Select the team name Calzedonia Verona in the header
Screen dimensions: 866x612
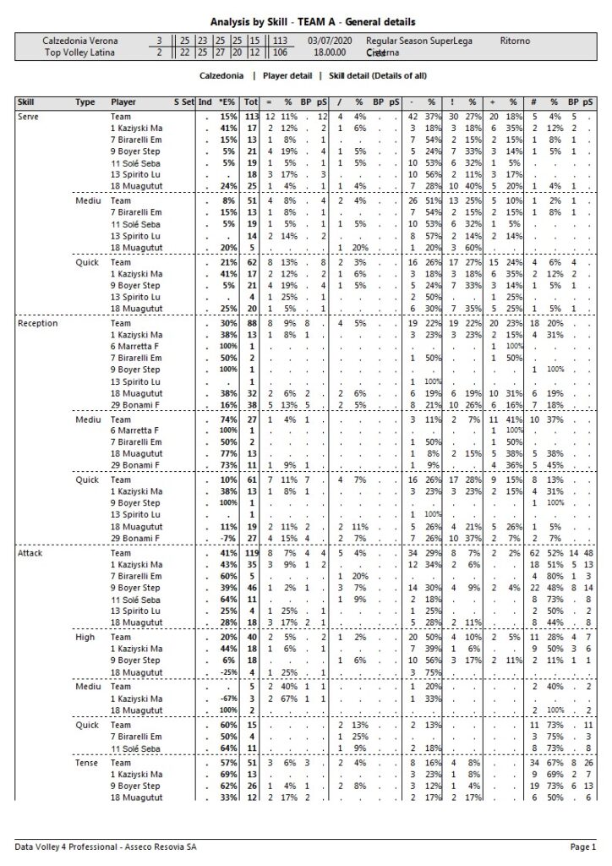click(80, 41)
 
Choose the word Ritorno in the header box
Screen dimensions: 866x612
click(515, 41)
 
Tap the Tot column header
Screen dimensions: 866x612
click(249, 102)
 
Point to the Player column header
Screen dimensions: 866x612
click(123, 102)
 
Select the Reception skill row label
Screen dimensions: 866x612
click(37, 323)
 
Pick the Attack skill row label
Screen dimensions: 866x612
click(30, 552)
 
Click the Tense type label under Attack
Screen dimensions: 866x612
click(85, 763)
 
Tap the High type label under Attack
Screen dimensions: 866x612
click(85, 637)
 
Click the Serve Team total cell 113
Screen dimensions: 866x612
click(250, 116)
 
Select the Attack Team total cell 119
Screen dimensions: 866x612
click(250, 552)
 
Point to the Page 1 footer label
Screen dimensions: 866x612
click(582, 846)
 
